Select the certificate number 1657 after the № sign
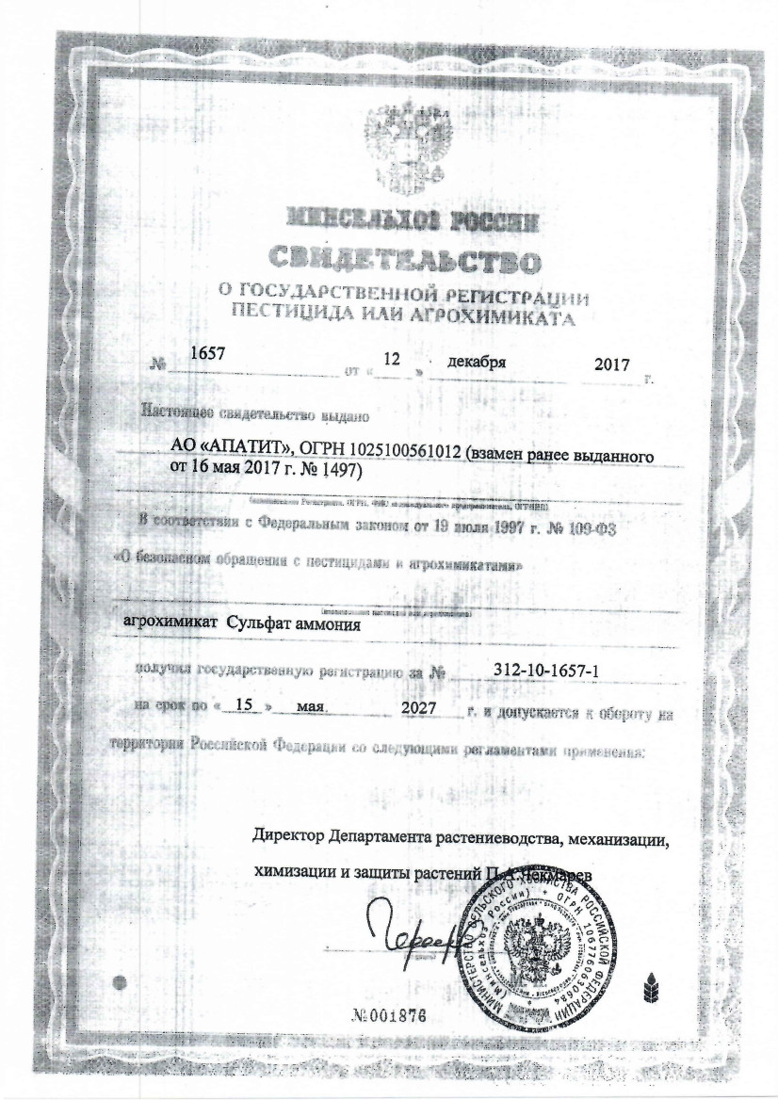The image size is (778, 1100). click(207, 355)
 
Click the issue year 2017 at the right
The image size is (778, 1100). click(605, 364)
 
